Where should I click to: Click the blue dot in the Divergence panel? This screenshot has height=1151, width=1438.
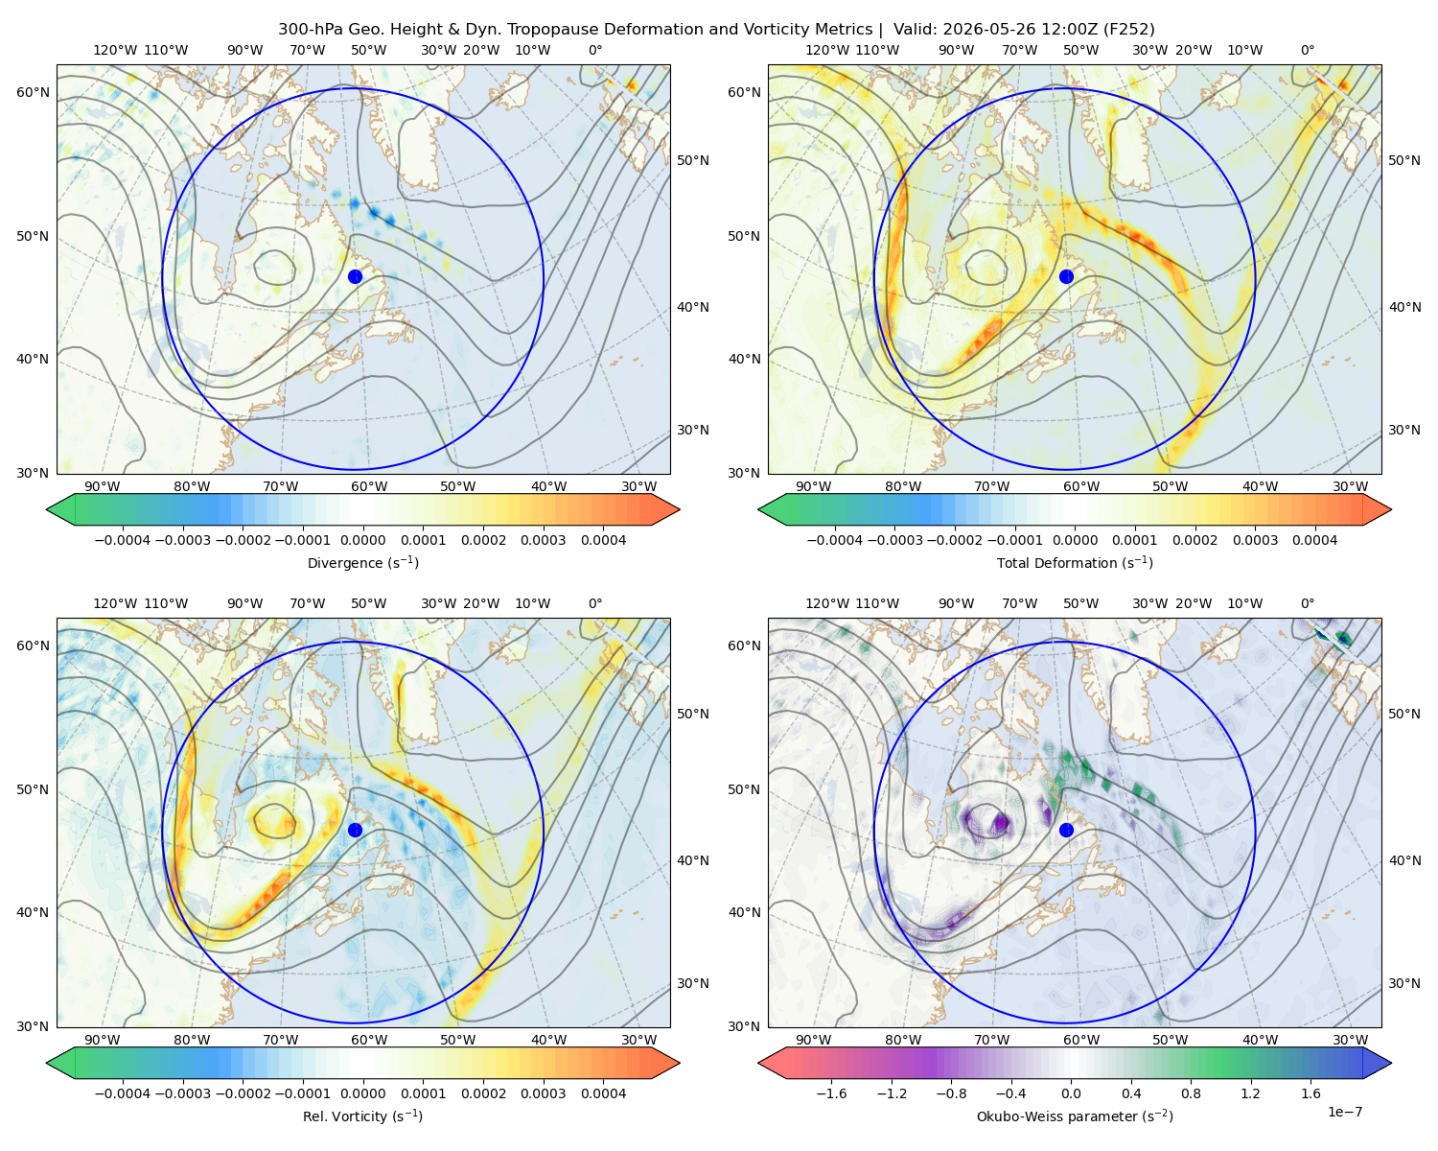click(x=355, y=276)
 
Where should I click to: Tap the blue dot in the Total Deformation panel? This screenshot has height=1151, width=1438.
click(x=1066, y=276)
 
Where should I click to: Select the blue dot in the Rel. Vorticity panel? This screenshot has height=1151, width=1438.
click(x=355, y=830)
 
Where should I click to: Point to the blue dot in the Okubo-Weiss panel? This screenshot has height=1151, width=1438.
click(x=1066, y=830)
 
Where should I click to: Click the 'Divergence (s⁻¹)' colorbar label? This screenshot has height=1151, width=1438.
click(x=362, y=562)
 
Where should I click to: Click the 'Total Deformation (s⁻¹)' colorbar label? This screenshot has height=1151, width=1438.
click(x=1075, y=562)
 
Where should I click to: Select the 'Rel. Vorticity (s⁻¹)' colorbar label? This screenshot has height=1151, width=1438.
click(x=362, y=1116)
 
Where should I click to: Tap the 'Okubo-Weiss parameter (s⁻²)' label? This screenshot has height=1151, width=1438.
click(x=1075, y=1116)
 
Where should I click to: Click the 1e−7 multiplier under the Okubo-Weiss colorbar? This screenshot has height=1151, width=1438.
click(x=1344, y=1112)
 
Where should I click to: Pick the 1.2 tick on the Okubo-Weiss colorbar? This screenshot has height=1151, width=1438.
click(x=1250, y=1093)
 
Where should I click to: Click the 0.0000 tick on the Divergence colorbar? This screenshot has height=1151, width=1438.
click(x=362, y=540)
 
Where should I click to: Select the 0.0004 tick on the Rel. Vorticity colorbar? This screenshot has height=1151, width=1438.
click(x=603, y=1093)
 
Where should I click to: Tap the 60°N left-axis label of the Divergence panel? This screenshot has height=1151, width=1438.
click(x=33, y=92)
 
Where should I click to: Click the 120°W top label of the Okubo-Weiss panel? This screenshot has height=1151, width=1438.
click(x=827, y=603)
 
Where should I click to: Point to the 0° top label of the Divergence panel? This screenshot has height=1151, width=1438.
click(x=595, y=50)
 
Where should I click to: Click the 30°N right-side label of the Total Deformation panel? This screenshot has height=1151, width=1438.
click(x=1404, y=430)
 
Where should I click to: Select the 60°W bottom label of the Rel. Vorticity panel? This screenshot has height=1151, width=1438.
click(x=369, y=1040)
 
